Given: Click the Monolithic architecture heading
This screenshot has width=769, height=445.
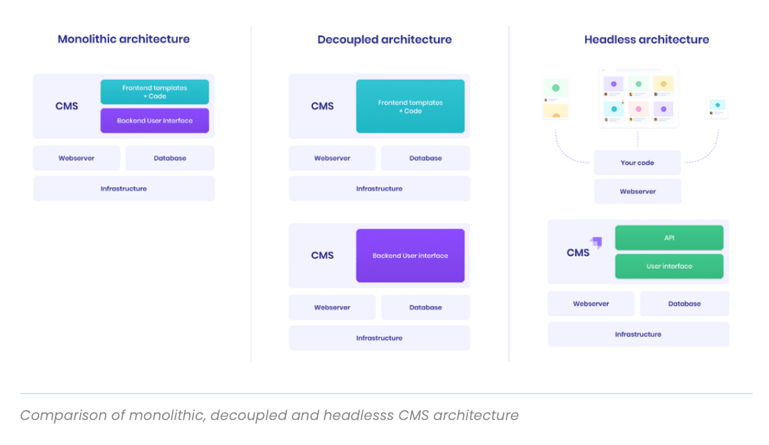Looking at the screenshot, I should tap(123, 39).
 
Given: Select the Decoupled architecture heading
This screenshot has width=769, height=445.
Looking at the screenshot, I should tap(384, 40).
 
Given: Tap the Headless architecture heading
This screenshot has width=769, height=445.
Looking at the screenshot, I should tap(646, 40).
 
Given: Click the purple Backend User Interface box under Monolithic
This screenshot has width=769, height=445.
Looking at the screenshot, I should tap(155, 121).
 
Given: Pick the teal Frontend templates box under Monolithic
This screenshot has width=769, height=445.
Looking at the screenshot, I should tap(155, 92).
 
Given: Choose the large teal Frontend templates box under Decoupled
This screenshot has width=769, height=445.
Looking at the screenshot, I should tap(410, 106).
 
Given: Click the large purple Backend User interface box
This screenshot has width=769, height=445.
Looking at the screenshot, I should tap(410, 255).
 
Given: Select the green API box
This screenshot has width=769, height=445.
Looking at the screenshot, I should tap(668, 237).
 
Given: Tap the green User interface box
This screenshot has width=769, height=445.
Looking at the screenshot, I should tap(668, 266).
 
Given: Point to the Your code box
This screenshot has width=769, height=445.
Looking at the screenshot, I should tap(637, 163).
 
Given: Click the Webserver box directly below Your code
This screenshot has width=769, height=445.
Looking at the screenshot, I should tap(637, 191).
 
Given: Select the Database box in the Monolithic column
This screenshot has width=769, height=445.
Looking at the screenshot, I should tap(170, 158).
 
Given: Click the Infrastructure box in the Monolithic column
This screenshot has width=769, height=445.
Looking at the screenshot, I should tap(123, 189).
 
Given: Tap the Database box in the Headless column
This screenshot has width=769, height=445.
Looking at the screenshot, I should tap(684, 304).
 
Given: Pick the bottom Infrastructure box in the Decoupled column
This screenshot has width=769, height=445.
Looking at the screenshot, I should tap(379, 338).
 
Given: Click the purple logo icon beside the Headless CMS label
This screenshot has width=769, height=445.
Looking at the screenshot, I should tap(596, 242).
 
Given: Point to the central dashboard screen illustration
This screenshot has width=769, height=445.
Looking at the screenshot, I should tap(638, 98).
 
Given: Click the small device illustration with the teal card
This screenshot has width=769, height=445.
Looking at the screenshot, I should tap(717, 108).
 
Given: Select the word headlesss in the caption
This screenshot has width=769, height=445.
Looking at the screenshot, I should tap(359, 415).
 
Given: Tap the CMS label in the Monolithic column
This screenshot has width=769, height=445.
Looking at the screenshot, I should tap(67, 106).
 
